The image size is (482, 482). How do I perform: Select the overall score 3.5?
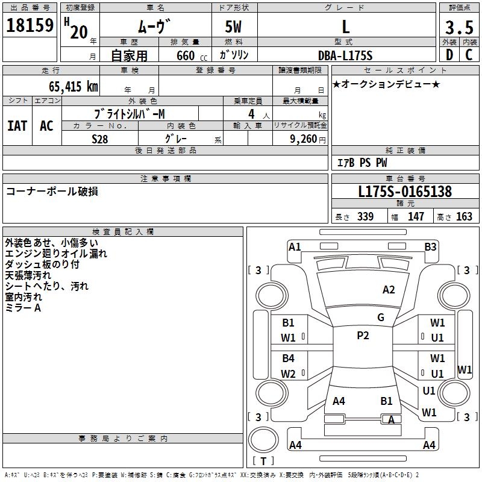click(458, 28)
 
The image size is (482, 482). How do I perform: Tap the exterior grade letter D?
click(449, 55)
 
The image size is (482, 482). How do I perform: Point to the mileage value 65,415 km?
click(70, 86)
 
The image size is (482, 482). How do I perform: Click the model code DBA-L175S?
click(345, 55)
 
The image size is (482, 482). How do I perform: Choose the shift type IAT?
click(17, 126)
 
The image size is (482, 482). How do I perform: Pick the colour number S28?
click(100, 139)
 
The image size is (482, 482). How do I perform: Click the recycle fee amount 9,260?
click(302, 139)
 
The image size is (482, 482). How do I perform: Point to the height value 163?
click(464, 217)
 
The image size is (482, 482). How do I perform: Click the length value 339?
click(365, 217)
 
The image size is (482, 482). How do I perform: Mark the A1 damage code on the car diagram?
click(295, 246)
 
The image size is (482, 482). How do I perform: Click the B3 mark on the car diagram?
click(430, 246)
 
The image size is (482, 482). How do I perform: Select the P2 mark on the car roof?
click(363, 336)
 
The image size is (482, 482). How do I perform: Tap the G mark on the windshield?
click(381, 317)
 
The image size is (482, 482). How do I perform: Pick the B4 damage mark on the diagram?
click(289, 358)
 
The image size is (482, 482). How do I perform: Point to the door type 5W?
click(234, 28)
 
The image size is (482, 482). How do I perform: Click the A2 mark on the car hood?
click(389, 290)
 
